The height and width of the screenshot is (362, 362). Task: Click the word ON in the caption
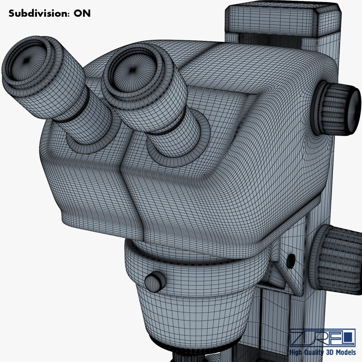pos(82,13)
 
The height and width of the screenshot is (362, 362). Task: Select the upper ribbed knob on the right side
pos(337,109)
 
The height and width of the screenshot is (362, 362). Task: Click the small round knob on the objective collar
pos(155,282)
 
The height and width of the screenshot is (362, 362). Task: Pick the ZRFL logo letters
pos(322,337)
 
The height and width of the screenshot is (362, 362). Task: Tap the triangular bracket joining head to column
pos(282,271)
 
